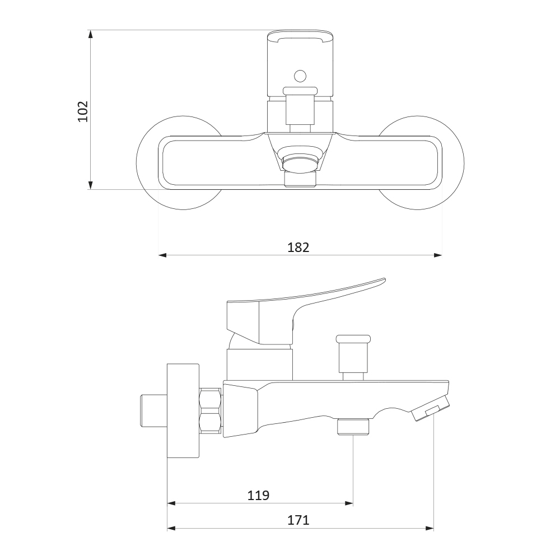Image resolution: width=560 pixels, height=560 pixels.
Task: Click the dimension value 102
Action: click(83, 111)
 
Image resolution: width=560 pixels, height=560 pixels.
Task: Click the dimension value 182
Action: click(298, 247)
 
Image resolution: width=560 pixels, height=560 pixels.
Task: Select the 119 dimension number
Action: click(258, 496)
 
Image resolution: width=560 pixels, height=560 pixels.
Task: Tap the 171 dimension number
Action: click(298, 520)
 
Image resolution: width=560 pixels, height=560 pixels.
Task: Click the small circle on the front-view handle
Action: click(300, 76)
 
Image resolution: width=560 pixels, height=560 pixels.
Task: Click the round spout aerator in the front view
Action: click(300, 162)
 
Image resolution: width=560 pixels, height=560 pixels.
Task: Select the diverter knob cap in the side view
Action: click(353, 339)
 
